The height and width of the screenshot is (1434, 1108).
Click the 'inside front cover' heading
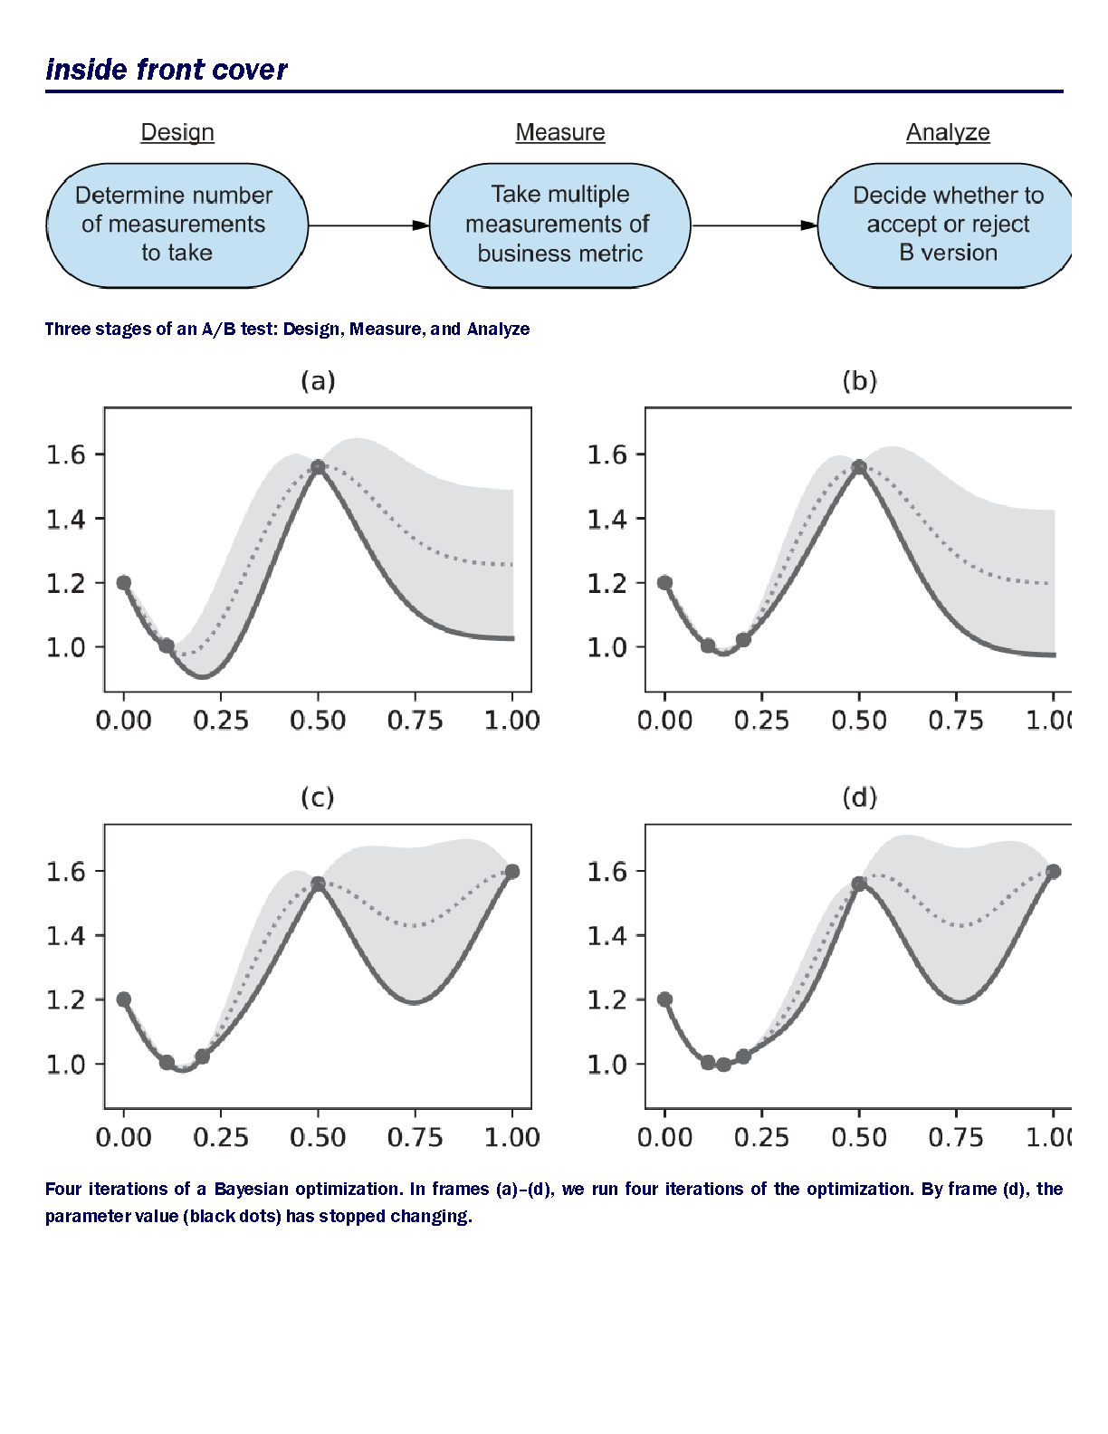pos(167,70)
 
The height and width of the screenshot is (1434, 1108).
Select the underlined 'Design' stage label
pos(177,132)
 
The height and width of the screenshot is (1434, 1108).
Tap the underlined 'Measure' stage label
pos(560,132)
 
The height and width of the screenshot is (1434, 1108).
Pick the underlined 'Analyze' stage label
pos(948,132)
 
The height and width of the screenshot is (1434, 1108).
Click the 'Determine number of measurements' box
pos(177,225)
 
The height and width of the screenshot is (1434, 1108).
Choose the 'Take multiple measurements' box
pos(559,225)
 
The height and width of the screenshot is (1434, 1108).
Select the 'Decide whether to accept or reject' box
pos(946,225)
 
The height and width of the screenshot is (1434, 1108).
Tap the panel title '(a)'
pos(318,381)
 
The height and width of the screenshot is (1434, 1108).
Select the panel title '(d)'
pos(859,798)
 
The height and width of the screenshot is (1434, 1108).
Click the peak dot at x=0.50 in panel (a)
pos(318,467)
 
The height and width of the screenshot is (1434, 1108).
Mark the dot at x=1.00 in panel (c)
pos(512,871)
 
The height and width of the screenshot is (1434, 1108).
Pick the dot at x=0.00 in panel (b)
pos(665,582)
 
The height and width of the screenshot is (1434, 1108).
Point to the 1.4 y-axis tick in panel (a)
pos(66,519)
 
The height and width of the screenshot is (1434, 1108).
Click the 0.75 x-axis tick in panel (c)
pos(415,1137)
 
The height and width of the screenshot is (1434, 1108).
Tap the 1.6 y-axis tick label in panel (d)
pos(607,871)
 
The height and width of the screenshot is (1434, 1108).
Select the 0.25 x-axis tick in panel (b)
pos(762,721)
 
